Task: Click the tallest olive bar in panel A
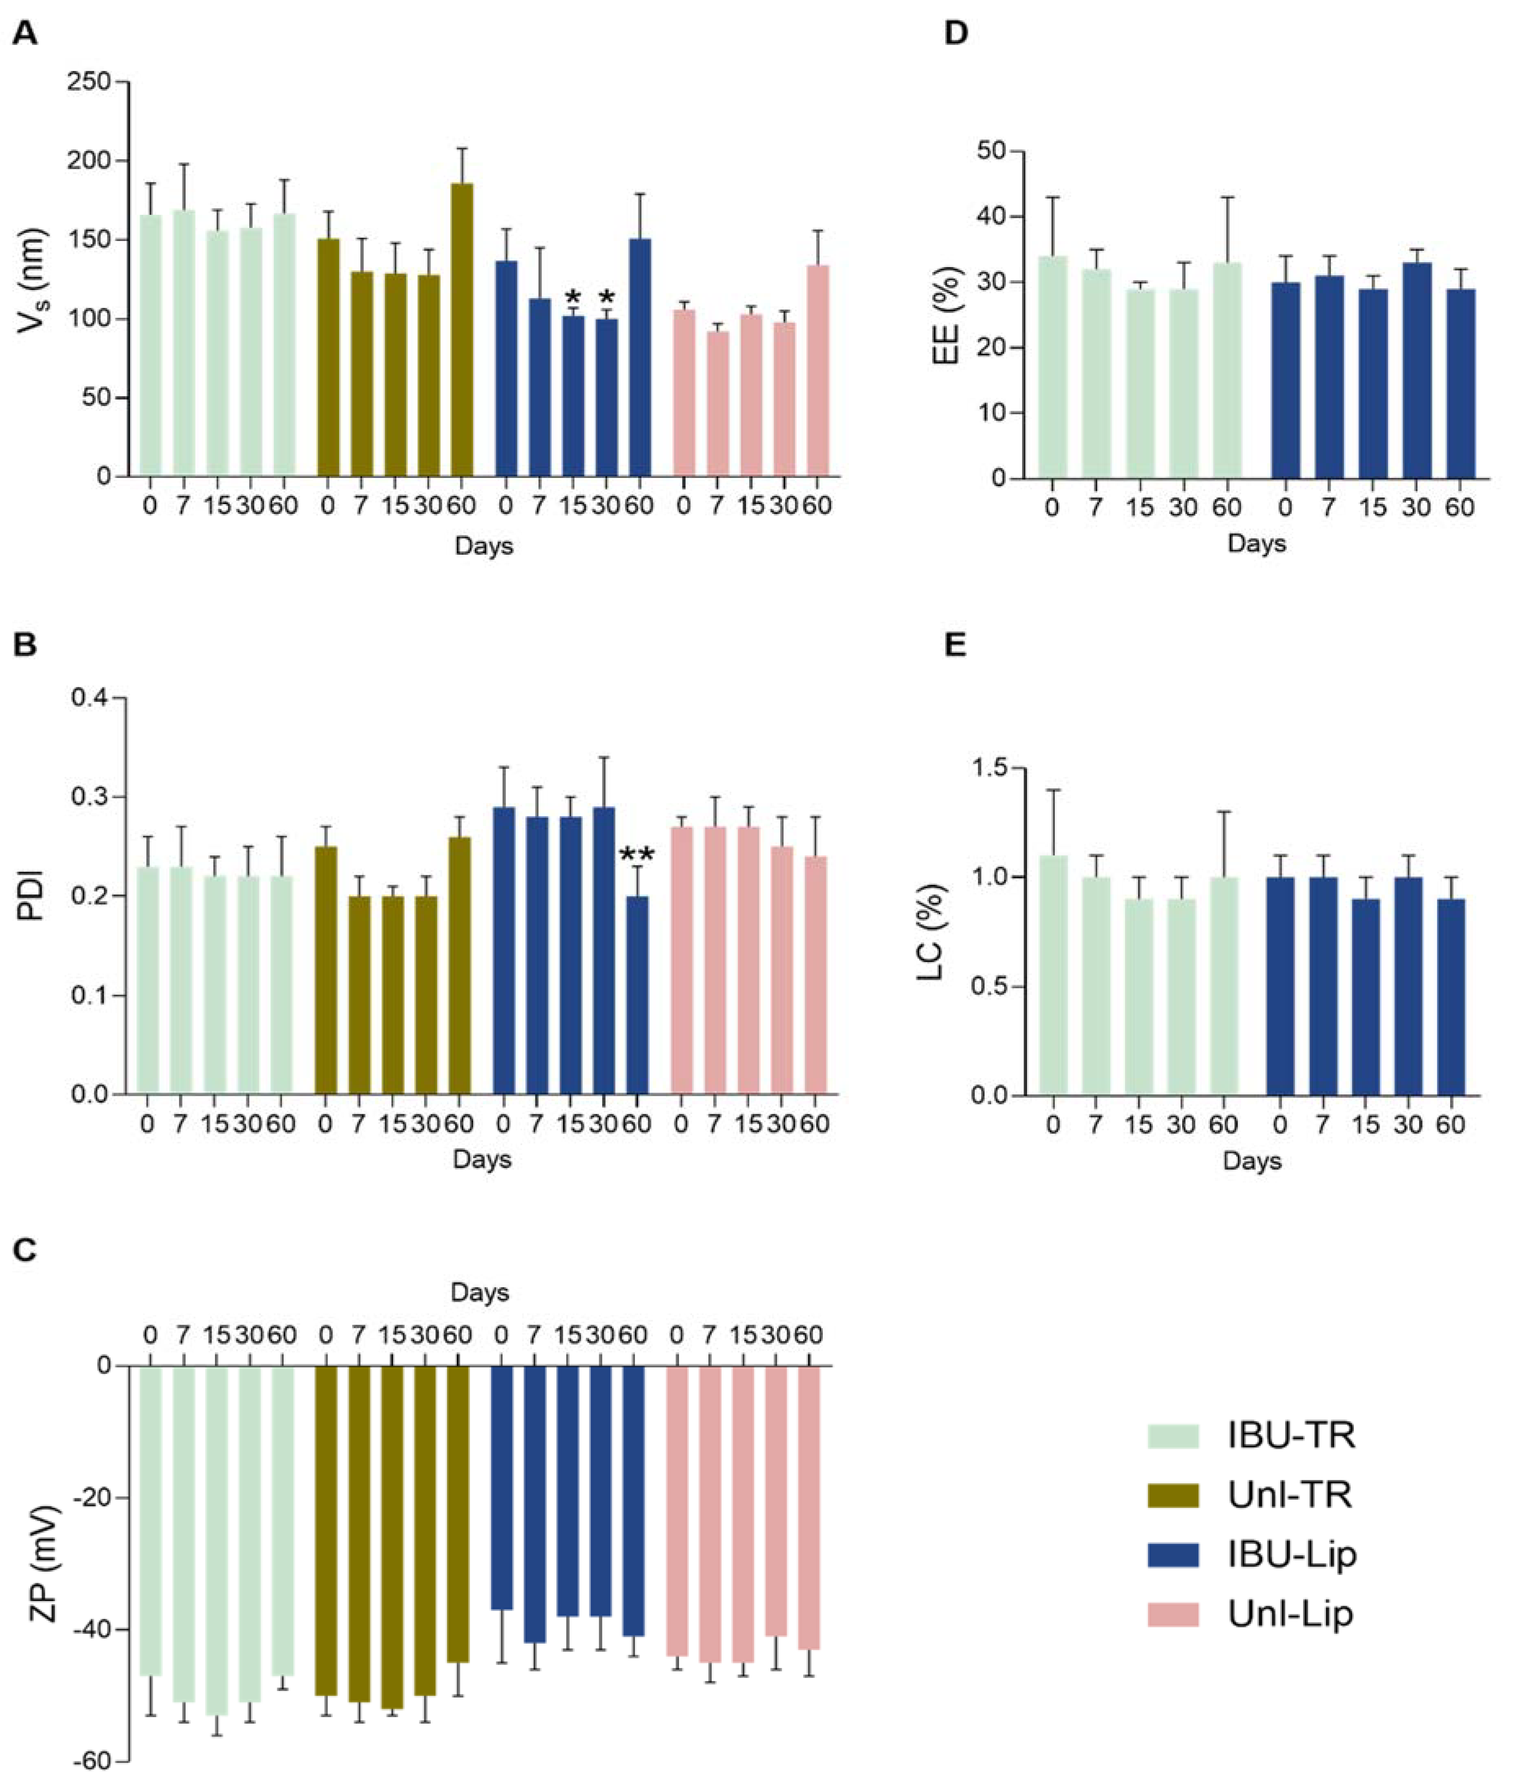pos(462,329)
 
